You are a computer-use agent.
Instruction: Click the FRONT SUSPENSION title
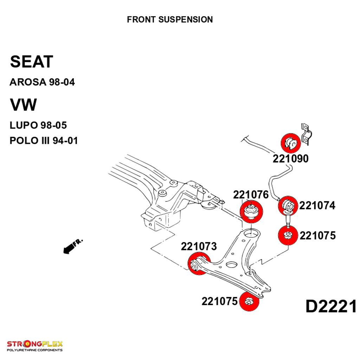[x=170, y=19]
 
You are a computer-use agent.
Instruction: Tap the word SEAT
[x=32, y=62]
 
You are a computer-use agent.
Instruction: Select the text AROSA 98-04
[x=42, y=83]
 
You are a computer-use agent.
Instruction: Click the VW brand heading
[x=23, y=105]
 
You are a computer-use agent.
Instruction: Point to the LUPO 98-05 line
[x=38, y=125]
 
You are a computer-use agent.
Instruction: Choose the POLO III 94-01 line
[x=44, y=141]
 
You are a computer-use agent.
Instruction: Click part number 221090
[x=290, y=159]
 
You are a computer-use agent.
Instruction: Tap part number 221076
[x=251, y=194]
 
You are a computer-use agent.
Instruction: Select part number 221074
[x=317, y=205]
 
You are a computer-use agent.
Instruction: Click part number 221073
[x=199, y=246]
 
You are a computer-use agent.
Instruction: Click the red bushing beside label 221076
[x=251, y=211]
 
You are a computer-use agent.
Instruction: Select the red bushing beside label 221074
[x=288, y=205]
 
